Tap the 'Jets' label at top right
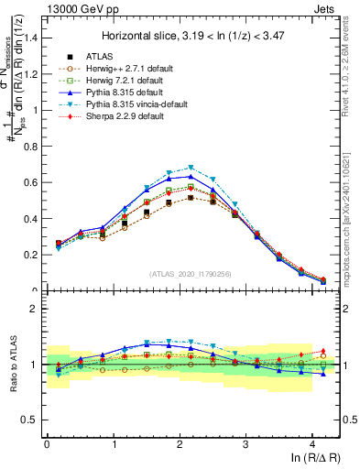point(325,8)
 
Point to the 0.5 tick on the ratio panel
point(32,420)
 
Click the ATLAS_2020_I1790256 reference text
point(191,274)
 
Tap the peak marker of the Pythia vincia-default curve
point(191,168)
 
